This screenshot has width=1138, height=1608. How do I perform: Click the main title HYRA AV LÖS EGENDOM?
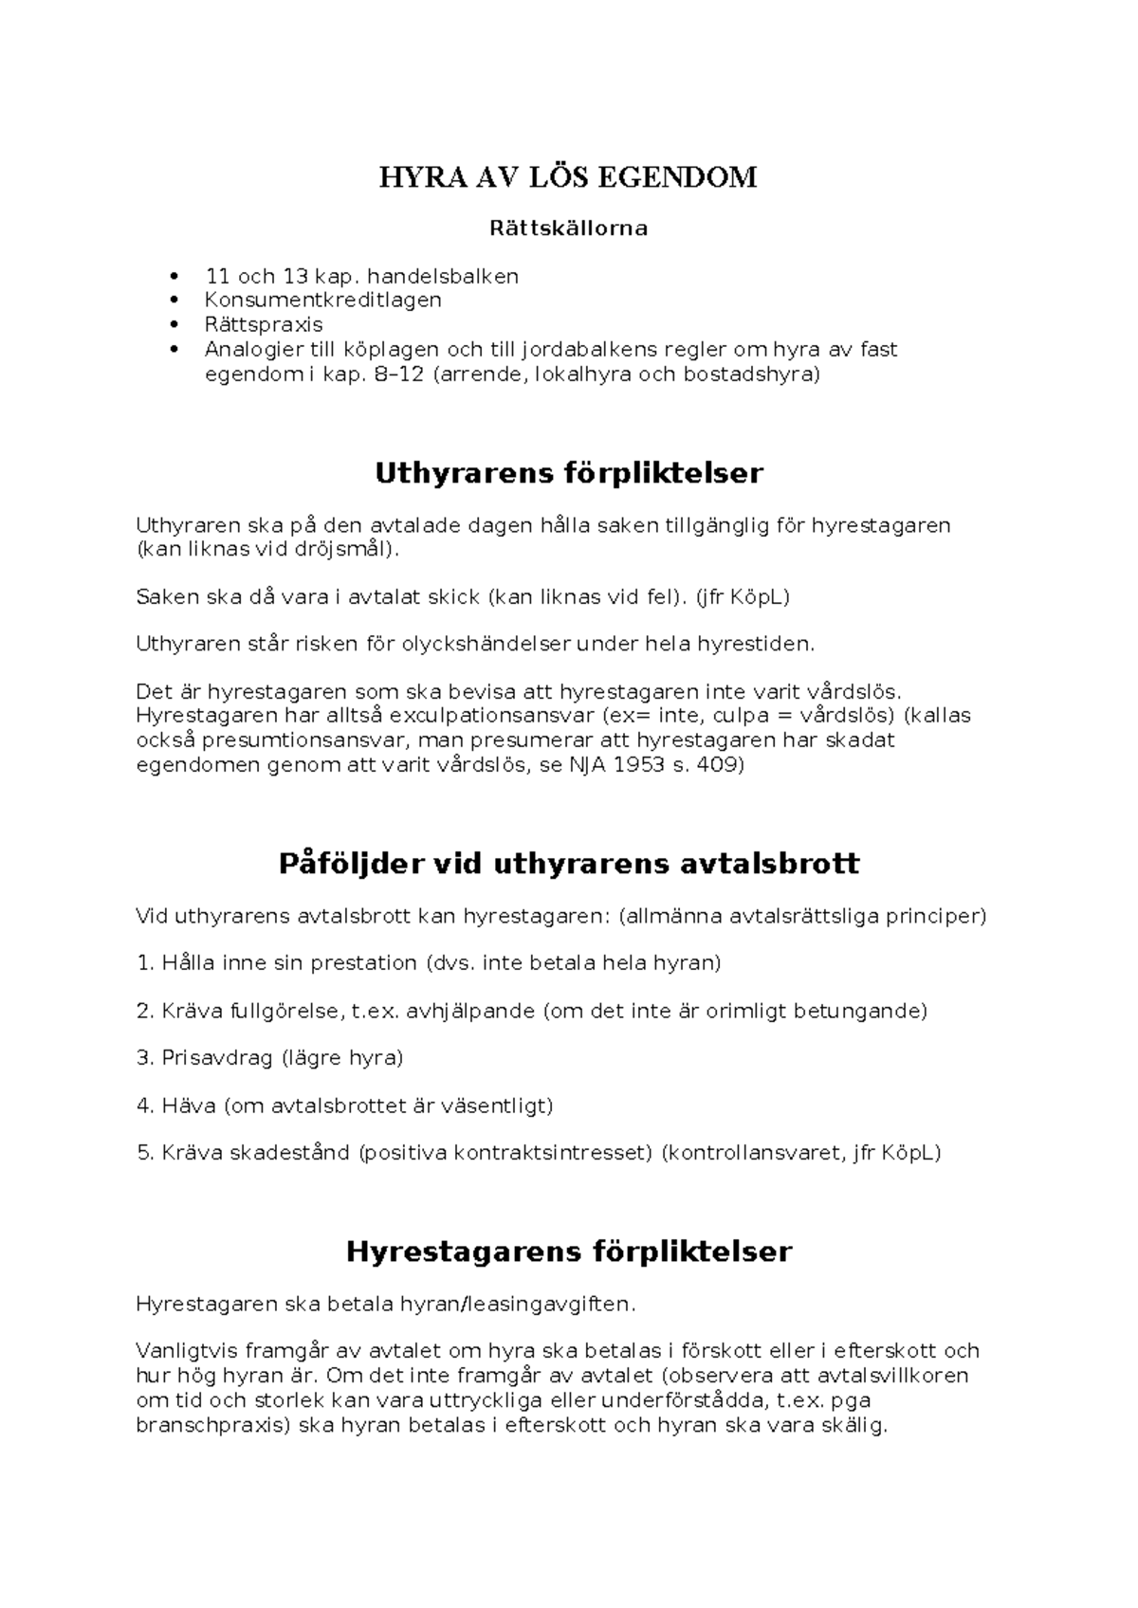tap(568, 177)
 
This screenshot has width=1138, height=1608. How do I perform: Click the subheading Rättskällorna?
tap(568, 228)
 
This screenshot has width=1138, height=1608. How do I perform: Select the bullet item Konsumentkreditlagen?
tap(323, 301)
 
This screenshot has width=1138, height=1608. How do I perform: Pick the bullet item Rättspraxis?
tap(264, 325)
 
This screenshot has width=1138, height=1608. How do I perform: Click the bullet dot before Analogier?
tap(172, 349)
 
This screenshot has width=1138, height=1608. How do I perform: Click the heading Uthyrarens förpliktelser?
tap(568, 473)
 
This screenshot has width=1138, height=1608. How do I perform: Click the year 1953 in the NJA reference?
tap(639, 764)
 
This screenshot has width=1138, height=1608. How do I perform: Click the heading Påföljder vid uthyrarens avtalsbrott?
tap(568, 864)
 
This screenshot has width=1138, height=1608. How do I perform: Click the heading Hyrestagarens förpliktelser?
tap(568, 1252)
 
